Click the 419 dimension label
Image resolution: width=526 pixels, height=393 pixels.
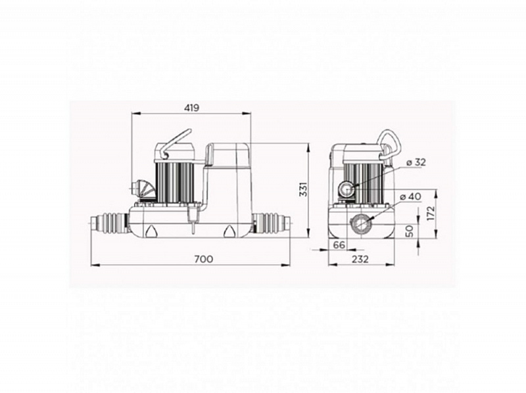191,108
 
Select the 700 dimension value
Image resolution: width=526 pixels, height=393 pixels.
204,259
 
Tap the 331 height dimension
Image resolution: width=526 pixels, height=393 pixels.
303,189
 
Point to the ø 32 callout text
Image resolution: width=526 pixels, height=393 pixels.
416,162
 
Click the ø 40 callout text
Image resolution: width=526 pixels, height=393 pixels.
410,196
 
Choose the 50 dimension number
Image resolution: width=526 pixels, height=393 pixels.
410,231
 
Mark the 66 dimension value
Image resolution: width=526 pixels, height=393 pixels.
339,245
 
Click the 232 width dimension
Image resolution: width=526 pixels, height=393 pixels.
360,259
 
